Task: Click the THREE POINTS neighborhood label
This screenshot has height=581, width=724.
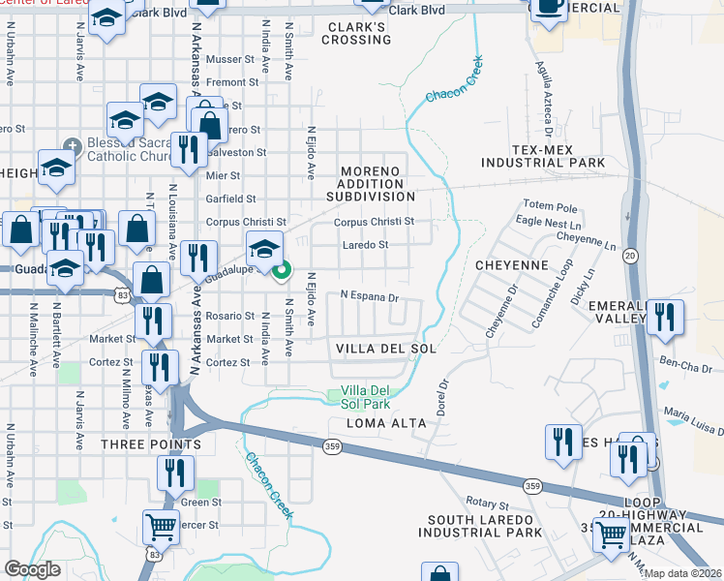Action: [x=150, y=443]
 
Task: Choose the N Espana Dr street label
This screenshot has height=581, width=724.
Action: [x=369, y=296]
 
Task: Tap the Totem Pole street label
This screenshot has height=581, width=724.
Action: [x=550, y=206]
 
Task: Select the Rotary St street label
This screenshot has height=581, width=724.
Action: [x=487, y=505]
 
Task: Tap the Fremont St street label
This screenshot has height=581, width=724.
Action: [x=231, y=82]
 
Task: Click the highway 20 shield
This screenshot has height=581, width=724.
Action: [x=630, y=256]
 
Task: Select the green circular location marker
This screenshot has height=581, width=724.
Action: [x=282, y=271]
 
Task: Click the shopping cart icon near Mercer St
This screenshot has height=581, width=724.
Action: [x=161, y=527]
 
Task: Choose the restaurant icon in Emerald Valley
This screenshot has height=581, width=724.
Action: [x=665, y=317]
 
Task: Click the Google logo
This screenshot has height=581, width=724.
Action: [x=32, y=569]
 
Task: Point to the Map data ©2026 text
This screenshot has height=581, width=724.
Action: [x=683, y=573]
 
